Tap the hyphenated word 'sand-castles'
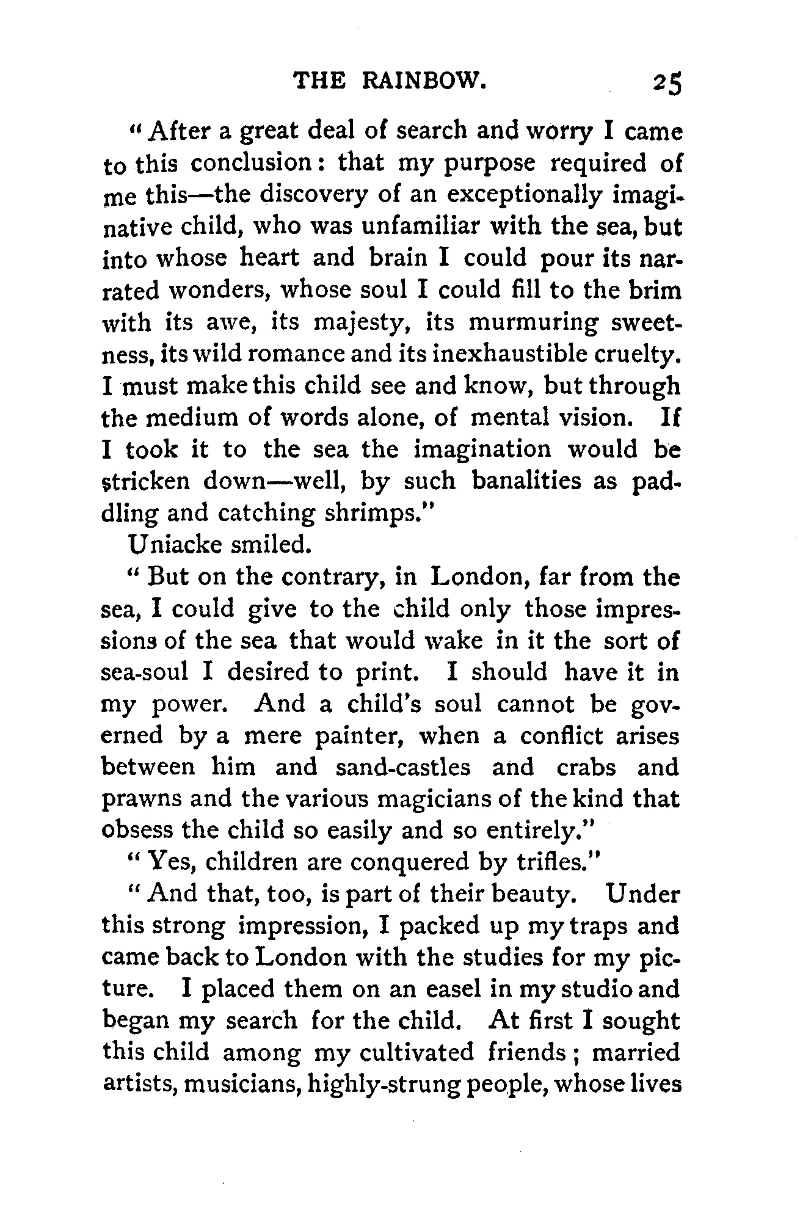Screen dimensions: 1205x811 tap(403, 767)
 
